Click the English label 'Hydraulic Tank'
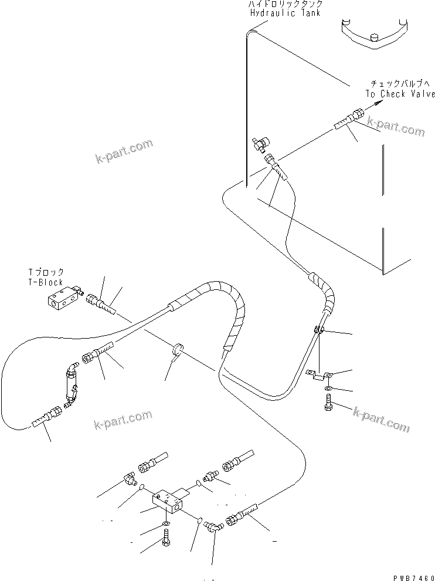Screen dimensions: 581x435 click(x=286, y=13)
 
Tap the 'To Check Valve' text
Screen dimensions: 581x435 click(x=400, y=94)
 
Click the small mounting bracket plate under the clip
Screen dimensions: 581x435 click(x=320, y=376)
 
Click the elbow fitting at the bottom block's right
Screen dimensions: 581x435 click(x=216, y=526)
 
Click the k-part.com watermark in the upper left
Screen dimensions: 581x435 click(x=124, y=151)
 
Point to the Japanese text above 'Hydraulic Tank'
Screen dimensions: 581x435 click(x=285, y=4)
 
